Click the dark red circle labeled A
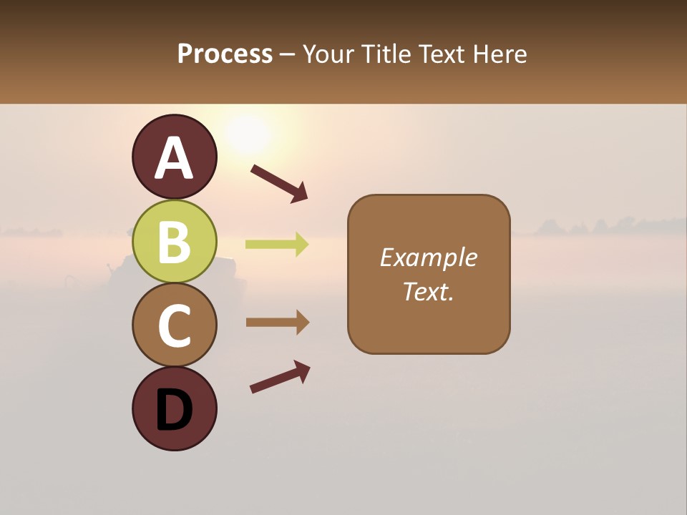point(175,157)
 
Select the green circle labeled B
point(175,241)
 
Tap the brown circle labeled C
point(175,325)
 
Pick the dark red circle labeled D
point(175,408)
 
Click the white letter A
point(175,158)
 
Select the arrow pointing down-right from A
point(279,183)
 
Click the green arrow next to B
point(277,245)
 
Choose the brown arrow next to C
point(277,322)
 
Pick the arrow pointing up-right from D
point(280,377)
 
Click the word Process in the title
point(225,54)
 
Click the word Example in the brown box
point(428,257)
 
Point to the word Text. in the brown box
point(428,291)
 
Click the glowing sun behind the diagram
point(247,132)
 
